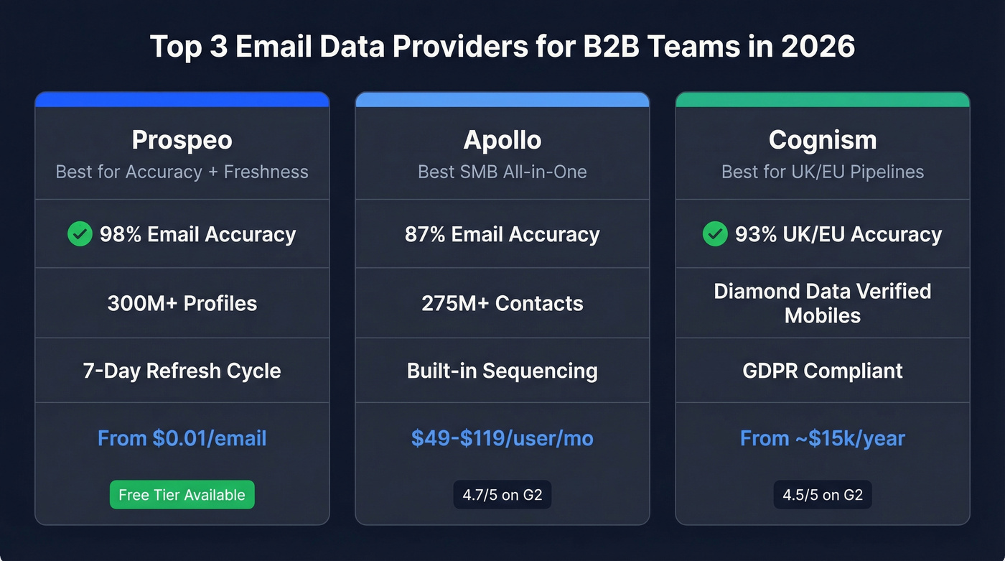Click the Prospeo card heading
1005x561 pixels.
[182, 140]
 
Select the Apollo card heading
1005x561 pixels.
[502, 140]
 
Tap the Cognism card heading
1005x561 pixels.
[823, 140]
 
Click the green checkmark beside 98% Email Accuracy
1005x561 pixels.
[80, 233]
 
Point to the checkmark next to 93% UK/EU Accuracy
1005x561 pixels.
[715, 233]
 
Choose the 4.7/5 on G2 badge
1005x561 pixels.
[502, 495]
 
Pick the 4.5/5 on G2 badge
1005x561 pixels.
[823, 495]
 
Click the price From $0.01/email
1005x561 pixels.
[182, 438]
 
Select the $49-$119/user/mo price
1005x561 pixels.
[502, 438]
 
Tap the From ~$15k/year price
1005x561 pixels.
[823, 438]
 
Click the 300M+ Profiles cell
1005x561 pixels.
[182, 303]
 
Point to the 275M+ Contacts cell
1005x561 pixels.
[502, 303]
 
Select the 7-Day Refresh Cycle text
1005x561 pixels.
[182, 371]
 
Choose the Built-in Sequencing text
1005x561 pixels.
[502, 371]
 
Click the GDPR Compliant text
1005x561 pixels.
[823, 371]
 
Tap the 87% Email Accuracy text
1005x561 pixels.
[502, 234]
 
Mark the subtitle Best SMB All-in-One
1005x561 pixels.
[502, 172]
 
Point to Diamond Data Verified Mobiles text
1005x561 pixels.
[823, 303]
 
